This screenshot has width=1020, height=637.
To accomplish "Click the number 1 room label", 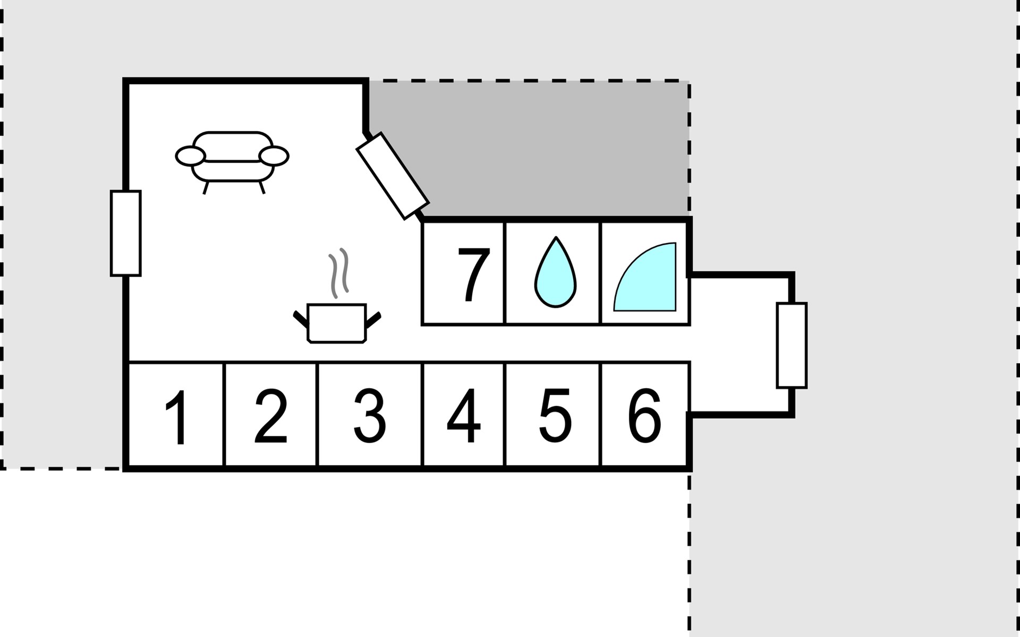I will (178, 417).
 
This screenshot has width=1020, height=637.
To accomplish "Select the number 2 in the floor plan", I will (271, 417).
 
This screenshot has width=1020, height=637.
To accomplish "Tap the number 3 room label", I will (370, 416).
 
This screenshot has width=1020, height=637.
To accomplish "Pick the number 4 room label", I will (464, 416).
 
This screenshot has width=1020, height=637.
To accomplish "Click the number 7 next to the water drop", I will (473, 275).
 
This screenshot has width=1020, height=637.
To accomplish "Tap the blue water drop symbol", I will (555, 276).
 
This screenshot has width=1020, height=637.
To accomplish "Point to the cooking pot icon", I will (337, 323).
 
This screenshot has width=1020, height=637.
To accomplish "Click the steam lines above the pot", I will (339, 273).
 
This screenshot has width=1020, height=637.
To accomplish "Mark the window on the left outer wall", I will (126, 233).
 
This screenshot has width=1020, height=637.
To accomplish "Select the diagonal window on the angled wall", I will (393, 176).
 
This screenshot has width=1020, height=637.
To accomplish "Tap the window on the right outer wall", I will (792, 345).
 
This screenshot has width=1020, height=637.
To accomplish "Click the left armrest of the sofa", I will (190, 156).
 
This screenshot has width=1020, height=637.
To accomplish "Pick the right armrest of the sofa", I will (274, 156).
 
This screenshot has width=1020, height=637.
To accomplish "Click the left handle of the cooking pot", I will (301, 318).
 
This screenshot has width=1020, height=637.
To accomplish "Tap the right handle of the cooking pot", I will (373, 318).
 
